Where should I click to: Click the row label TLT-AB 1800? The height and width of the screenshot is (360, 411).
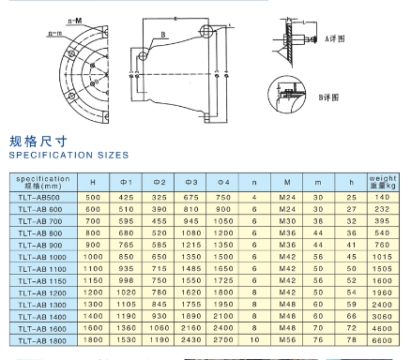click(x=43, y=353)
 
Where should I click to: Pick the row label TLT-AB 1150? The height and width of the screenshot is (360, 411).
click(x=43, y=281)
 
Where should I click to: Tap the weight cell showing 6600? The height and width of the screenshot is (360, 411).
click(x=383, y=353)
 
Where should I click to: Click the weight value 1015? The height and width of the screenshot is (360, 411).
click(x=383, y=256)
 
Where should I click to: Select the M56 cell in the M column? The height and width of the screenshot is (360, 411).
click(x=286, y=353)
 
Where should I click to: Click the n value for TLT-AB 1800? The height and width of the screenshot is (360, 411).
click(x=254, y=353)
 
